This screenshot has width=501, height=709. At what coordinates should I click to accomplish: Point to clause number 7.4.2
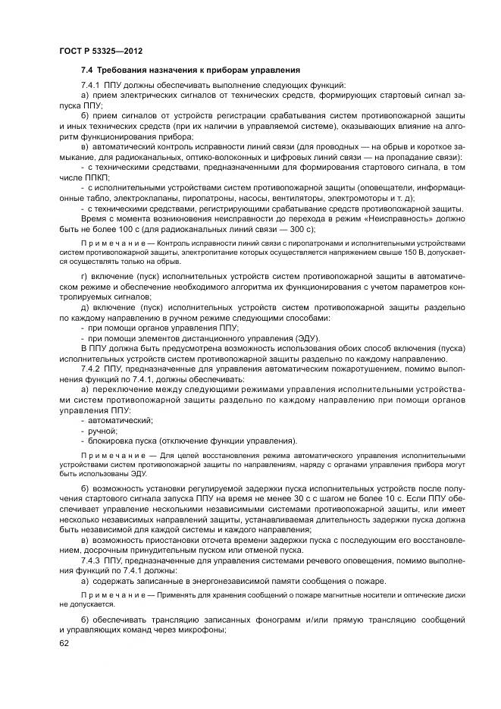(x=92, y=367)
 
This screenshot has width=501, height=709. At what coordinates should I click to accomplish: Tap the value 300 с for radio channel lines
(x=298, y=229)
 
